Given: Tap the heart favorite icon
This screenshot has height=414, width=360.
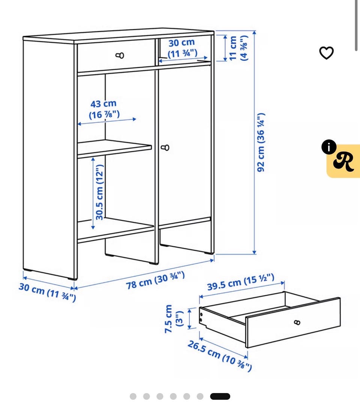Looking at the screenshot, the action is coord(327,53).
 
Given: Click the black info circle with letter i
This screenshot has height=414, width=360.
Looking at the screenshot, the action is coord(329,147).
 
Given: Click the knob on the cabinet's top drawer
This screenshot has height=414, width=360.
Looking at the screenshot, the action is coord(120,55).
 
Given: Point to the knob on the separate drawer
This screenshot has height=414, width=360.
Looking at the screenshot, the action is coord(297,322).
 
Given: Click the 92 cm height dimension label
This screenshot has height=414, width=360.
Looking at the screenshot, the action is coord(261,142).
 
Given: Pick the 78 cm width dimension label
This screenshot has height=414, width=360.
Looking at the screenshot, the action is coord(155,280).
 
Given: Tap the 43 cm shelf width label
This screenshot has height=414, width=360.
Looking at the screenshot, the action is coord(104,109).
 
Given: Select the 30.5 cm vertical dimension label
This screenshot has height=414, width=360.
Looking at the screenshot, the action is coord(100,192).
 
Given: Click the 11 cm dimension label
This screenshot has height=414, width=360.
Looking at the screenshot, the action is coord(238,48).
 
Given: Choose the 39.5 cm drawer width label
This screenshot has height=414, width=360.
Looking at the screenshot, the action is coord(241,282).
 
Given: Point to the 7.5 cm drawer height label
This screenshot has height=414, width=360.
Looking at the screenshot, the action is coord(174,319).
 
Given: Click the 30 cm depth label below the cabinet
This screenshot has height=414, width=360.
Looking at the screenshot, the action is coord(47,292).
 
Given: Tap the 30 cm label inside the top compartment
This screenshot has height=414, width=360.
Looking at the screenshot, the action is coord(182,48).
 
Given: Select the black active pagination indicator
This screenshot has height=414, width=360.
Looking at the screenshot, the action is coord(220,396).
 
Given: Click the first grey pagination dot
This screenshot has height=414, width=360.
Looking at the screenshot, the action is coord(133,396).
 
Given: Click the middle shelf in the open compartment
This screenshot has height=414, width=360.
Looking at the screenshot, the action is coord(114,148).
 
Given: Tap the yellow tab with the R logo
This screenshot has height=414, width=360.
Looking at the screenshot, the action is coord(343,161).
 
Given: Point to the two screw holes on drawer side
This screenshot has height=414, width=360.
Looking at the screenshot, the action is coord(201,317).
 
